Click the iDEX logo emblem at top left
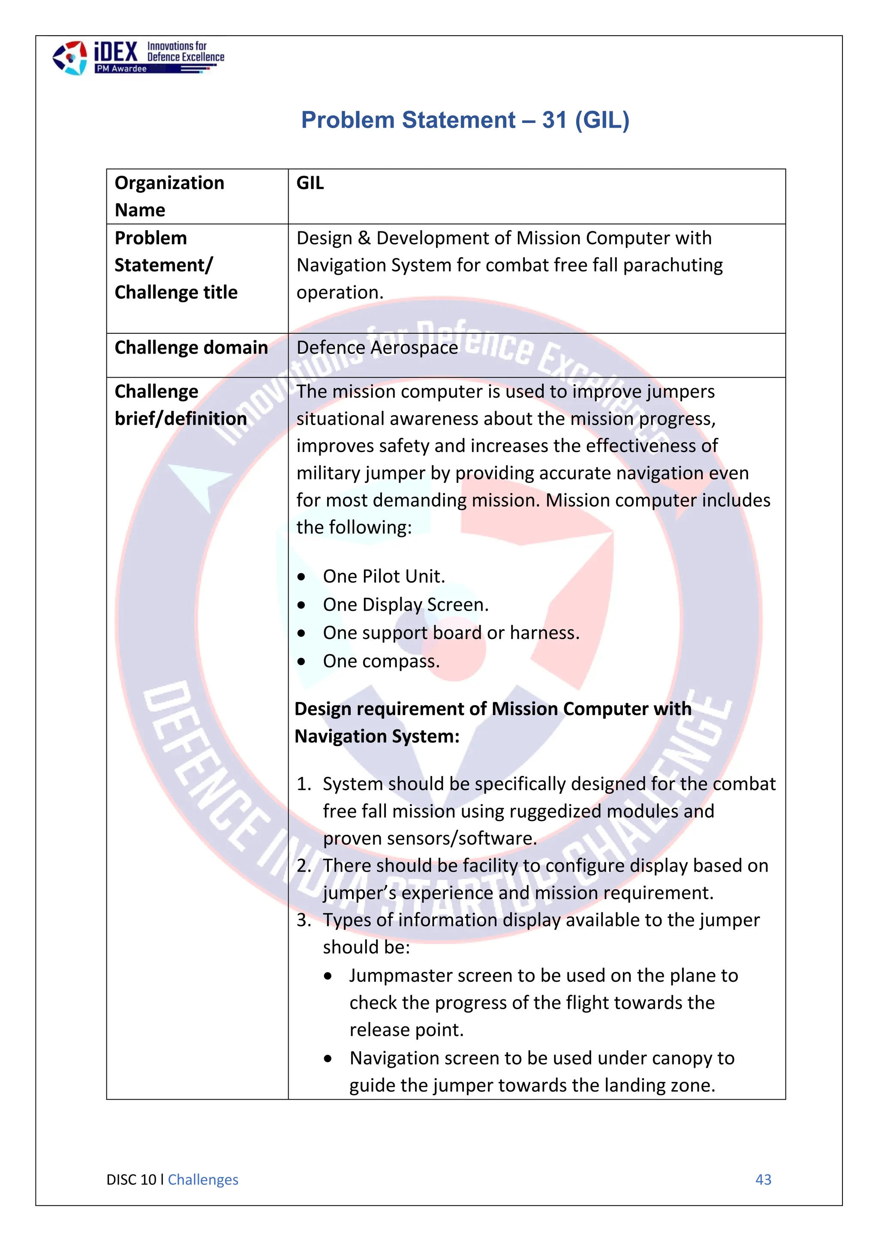click(x=69, y=58)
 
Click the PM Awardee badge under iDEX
click(x=121, y=69)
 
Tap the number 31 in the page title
click(x=554, y=120)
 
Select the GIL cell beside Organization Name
click(x=310, y=183)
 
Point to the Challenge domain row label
click(x=191, y=348)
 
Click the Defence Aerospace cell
click(x=377, y=348)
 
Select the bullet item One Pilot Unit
click(x=384, y=576)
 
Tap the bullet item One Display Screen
click(x=406, y=604)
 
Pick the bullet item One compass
click(x=381, y=661)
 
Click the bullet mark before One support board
click(x=301, y=633)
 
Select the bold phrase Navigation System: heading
click(x=377, y=736)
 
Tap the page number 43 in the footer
click(x=763, y=1179)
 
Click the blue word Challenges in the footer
click(x=203, y=1179)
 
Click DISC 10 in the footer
click(x=131, y=1179)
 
